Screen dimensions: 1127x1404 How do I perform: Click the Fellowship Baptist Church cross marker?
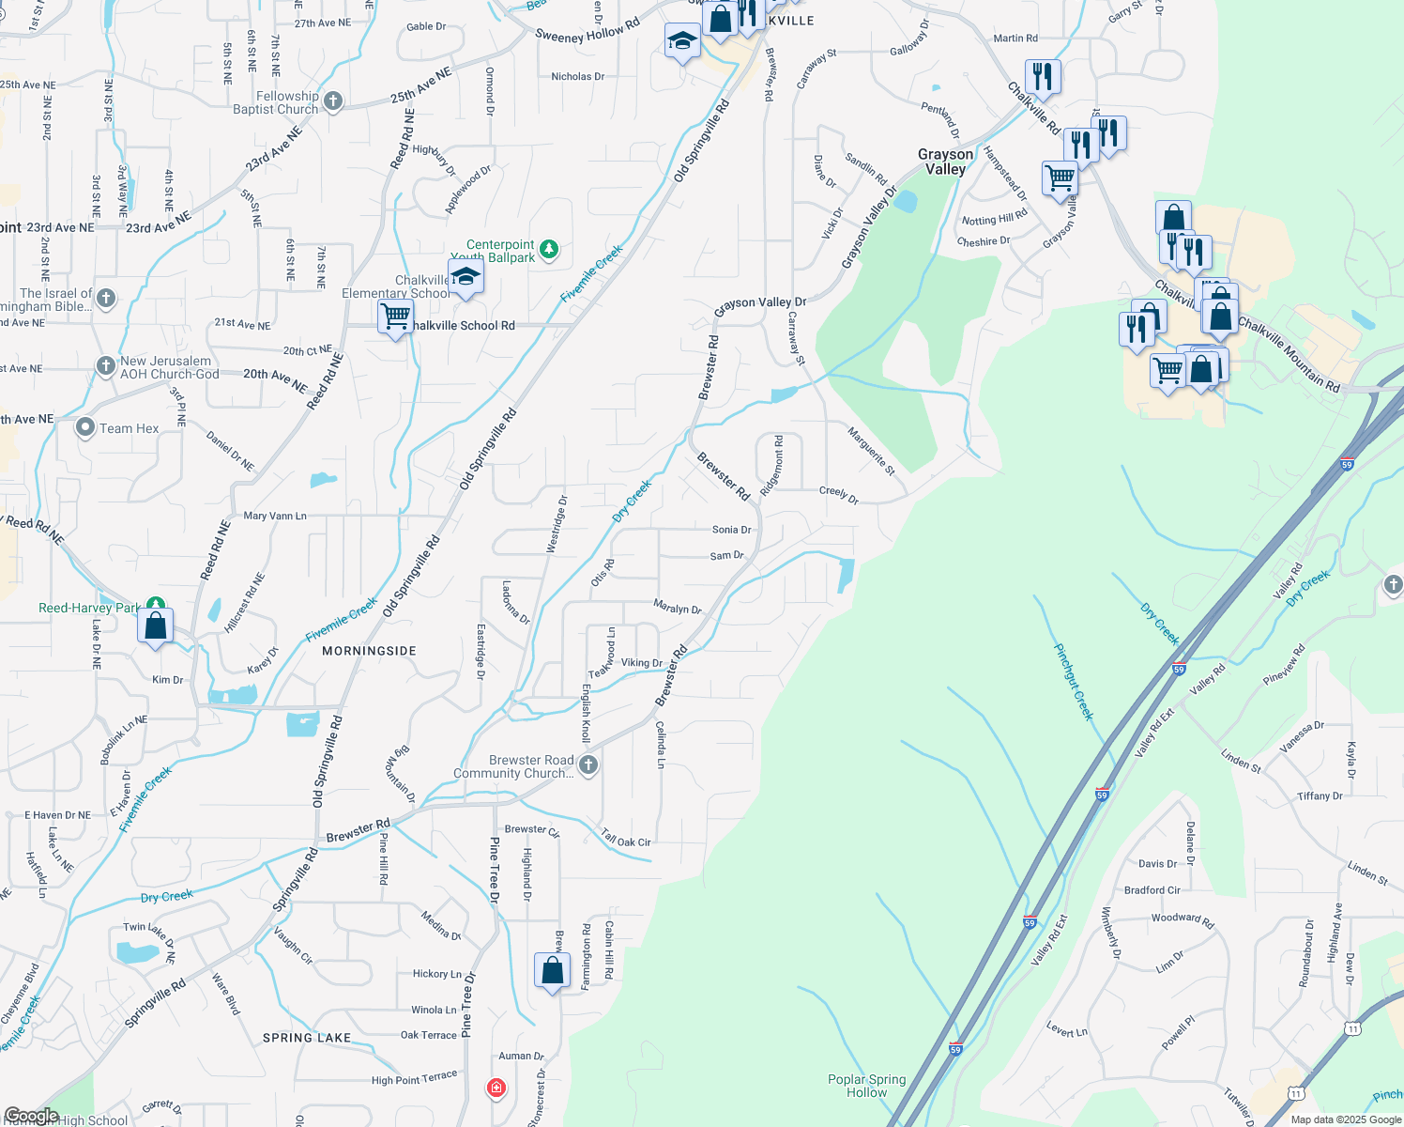coord(333,100)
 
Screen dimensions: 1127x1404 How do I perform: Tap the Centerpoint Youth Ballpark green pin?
coord(549,249)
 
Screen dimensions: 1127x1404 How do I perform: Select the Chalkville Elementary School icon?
coord(465,278)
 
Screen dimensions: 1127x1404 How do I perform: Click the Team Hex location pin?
coord(85,428)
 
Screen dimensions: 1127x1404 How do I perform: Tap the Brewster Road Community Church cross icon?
coord(588,764)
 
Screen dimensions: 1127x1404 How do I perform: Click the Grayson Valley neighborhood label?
coord(945,162)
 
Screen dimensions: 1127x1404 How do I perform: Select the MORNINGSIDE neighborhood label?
coord(369,651)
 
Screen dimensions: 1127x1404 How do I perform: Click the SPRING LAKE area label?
coord(307,1038)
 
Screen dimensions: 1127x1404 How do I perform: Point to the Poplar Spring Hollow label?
coord(866,1086)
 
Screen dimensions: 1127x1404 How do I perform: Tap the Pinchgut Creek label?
coord(1074,682)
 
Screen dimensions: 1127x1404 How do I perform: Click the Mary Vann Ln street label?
coord(275,516)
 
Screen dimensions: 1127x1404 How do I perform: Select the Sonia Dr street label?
coord(732,530)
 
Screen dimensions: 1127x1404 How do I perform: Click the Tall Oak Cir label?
coord(626,839)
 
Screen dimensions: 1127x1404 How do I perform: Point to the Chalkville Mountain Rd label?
coord(1289,354)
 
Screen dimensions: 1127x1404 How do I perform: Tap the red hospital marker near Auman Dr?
coord(496,1088)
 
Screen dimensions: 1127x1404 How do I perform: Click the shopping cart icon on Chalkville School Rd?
coord(396,317)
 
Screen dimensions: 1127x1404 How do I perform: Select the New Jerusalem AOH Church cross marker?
coord(106,366)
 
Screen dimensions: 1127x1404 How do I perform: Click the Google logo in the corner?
coord(31,1117)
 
